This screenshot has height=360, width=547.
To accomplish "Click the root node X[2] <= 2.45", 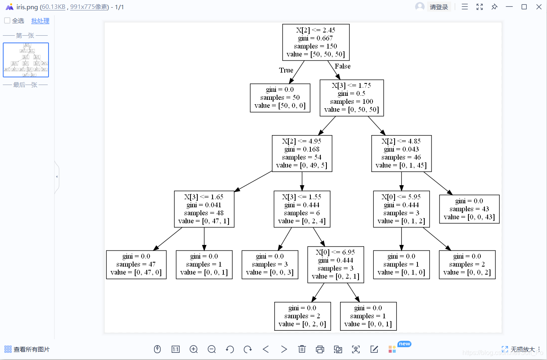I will tap(316, 42).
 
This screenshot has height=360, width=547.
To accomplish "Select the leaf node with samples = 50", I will tap(280, 98).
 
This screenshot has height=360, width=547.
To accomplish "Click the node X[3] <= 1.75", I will tap(351, 98).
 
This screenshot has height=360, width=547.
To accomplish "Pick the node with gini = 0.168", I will tap(302, 154).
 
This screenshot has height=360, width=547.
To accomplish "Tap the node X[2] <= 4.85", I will tap(401, 154).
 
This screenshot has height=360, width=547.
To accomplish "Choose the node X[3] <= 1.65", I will tap(204, 209).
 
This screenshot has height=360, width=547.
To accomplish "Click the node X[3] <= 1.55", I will tap(302, 209).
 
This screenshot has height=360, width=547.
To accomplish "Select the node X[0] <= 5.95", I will tap(401, 209).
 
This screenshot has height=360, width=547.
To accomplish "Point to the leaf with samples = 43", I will tap(469, 209).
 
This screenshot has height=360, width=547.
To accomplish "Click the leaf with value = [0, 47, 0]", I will tap(136, 265).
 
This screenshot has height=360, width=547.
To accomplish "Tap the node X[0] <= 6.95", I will tap(335, 265).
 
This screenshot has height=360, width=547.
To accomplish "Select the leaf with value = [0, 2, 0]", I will tap(302, 316).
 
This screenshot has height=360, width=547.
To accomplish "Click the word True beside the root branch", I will tap(286, 70).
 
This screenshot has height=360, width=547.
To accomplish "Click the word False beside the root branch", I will tap(342, 66).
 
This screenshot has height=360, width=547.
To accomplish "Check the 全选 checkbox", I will tap(7, 20).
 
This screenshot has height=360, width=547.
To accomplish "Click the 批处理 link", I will tap(40, 21).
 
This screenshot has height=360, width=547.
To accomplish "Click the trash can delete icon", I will tap(302, 349).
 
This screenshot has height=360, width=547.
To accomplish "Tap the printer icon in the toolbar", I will tap(320, 349).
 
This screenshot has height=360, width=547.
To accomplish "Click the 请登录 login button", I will tap(439, 7).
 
